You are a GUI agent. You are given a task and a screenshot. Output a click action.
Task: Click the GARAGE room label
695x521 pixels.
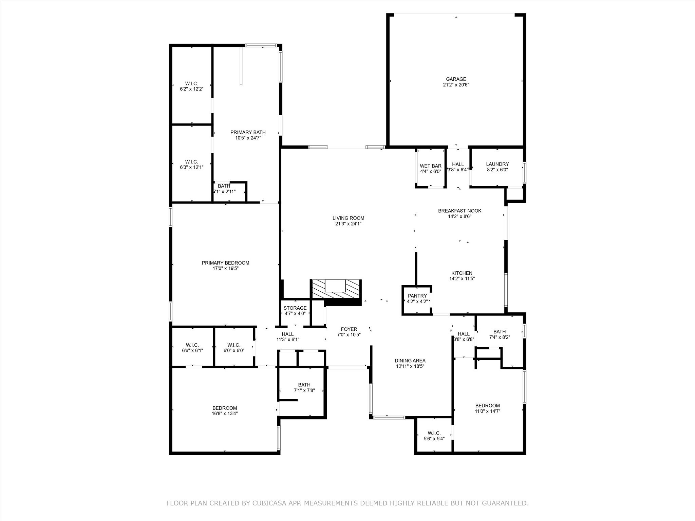coord(456,79)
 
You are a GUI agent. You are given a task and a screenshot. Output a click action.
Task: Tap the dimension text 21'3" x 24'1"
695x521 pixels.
coord(348,224)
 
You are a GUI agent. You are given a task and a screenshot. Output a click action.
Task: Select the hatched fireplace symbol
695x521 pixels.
coord(335,289)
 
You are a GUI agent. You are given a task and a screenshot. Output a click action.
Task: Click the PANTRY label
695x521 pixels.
coord(417,296)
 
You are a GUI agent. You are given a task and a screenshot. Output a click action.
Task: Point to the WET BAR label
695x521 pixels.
coord(430,166)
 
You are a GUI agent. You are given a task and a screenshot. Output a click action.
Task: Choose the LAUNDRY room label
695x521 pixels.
coord(497,164)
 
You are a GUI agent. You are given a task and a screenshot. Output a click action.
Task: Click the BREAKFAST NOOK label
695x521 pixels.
coord(459,211)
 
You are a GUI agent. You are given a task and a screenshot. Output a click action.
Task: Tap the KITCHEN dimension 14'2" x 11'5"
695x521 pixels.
coord(462,279)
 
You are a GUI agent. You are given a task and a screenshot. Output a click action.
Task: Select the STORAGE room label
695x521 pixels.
coord(295,308)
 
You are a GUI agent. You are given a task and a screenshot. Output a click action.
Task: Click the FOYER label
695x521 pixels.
coord(349,329)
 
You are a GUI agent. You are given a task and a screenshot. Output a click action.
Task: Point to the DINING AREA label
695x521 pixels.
coord(410,361)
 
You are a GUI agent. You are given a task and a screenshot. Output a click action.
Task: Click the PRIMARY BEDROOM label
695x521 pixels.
coord(225,263)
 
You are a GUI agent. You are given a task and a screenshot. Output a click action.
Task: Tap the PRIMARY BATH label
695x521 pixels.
coord(248,132)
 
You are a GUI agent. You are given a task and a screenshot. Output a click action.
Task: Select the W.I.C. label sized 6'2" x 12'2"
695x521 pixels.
coord(191,83)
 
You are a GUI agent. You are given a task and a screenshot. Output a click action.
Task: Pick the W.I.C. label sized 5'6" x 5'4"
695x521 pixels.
coord(434,433)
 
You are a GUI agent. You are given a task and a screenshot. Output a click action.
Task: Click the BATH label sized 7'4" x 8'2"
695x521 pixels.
coord(499,332)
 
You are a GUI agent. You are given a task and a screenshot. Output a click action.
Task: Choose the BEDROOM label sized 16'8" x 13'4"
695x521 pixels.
coord(225,408)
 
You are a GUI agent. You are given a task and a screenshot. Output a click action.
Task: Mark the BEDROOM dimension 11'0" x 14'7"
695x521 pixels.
coord(487,411)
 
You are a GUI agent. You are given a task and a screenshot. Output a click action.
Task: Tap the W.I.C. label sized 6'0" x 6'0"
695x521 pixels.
coord(234,345)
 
